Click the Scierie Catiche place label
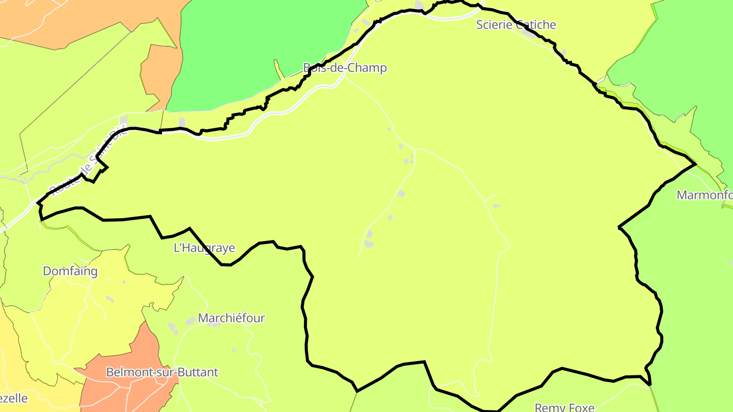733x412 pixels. point(516,25)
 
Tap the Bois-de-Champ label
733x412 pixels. point(345,68)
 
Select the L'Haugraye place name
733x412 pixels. point(204,248)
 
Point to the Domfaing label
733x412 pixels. point(70,271)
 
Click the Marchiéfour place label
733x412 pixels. point(232,318)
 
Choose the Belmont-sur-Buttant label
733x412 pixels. point(162,372)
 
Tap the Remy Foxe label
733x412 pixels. point(565,407)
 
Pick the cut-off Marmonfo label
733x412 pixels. point(704,195)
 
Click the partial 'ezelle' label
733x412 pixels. point(14,398)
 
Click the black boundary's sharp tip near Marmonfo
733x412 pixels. point(695,164)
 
